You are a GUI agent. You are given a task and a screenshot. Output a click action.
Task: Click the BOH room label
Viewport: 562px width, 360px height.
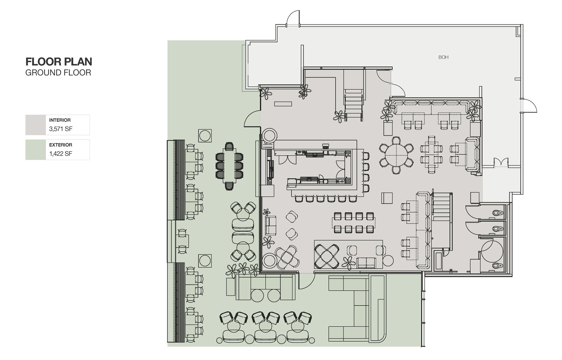coord(443,57)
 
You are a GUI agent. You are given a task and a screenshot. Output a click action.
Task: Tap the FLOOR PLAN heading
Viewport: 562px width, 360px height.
coord(59,62)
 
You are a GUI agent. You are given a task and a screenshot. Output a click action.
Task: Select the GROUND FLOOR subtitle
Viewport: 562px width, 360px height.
coord(58,73)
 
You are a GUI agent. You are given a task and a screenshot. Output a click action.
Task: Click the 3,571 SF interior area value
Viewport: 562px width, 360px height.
coord(61,129)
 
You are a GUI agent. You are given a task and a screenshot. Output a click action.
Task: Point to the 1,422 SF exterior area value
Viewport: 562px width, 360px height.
coord(61,154)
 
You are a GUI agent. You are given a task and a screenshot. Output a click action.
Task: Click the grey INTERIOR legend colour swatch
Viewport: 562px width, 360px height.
coord(35,125)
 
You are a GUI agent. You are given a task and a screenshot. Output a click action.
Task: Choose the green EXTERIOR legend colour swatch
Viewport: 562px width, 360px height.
coord(35,150)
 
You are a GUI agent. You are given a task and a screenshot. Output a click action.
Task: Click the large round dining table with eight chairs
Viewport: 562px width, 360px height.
coord(396,155)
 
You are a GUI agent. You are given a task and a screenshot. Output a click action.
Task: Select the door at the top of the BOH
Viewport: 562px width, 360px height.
coord(293,19)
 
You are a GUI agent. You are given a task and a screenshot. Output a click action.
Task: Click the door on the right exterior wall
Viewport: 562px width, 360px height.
coord(529,105)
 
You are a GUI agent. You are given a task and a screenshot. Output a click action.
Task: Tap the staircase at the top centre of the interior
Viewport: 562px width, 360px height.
coord(354,105)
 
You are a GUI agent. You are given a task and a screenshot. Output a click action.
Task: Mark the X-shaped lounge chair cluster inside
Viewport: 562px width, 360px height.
coord(327,256)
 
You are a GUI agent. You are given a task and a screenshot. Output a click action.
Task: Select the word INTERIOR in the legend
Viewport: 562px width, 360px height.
coord(60,120)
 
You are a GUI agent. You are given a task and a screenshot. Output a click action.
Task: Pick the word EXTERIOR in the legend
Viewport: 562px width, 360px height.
coord(61,145)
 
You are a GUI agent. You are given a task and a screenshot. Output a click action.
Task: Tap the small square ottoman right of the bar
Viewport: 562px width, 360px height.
coord(387,198)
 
